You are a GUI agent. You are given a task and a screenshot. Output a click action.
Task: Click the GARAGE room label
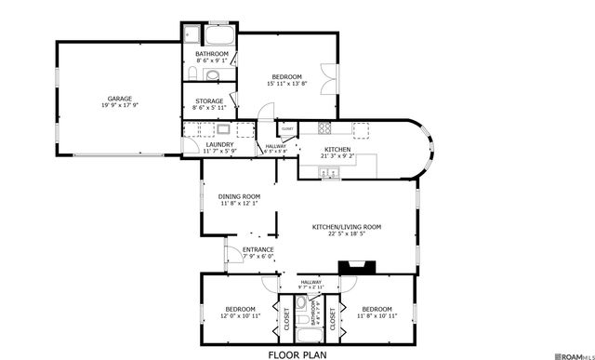click(x=118, y=98)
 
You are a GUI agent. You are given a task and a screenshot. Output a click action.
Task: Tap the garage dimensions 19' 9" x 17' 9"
click(x=118, y=105)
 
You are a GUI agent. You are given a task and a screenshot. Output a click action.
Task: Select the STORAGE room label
click(x=209, y=100)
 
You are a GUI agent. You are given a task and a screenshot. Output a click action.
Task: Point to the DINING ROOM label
click(x=239, y=196)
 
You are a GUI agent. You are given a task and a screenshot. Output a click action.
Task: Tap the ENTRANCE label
click(x=258, y=249)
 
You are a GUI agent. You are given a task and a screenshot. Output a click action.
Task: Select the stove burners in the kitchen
click(x=325, y=129)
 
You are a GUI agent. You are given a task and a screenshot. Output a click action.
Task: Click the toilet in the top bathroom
click(x=192, y=73)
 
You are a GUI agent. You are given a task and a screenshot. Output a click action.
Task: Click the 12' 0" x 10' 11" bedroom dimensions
click(x=239, y=316)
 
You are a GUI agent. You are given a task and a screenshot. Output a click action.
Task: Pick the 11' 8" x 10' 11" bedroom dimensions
click(x=378, y=316)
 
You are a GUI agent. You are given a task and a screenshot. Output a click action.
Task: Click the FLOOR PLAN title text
click(x=297, y=353)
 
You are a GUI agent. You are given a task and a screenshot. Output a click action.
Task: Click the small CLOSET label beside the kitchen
click(x=287, y=129)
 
